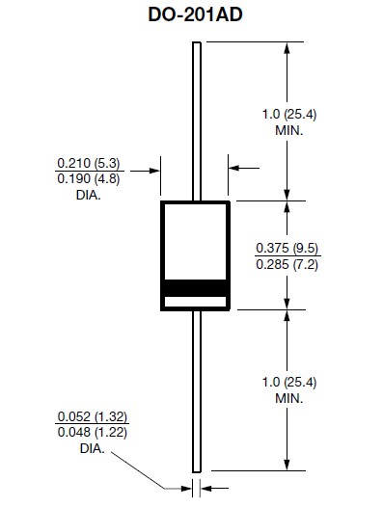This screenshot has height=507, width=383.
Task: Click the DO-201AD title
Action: pos(195,14)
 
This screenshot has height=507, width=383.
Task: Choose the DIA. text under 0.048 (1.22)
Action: pos(92,448)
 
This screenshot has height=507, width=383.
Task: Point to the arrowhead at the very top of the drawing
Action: pos(287,48)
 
